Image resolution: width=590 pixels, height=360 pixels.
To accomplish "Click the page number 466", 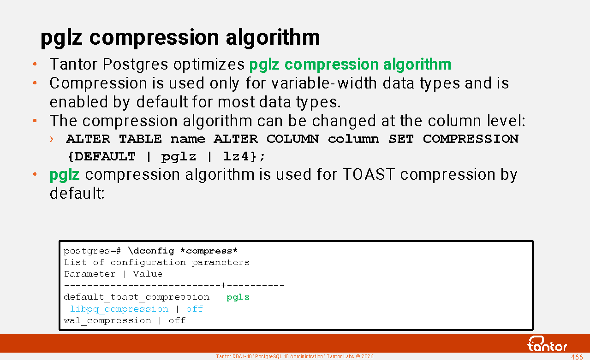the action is click(577, 357).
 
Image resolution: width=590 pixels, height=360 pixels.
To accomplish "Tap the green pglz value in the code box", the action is click(238, 297).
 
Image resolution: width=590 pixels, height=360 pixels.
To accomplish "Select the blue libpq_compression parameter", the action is click(119, 309).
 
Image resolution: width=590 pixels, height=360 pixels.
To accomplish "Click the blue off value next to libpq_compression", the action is click(195, 309).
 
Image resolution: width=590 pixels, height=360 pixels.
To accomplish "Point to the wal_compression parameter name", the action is click(107, 320).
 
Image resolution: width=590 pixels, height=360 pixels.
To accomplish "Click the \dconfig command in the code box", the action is click(151, 251).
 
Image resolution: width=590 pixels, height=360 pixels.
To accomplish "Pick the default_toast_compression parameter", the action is click(137, 297).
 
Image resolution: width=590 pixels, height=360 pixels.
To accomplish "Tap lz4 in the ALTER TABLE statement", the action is click(235, 157).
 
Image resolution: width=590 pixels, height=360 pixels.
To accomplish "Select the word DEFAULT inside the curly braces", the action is click(105, 157).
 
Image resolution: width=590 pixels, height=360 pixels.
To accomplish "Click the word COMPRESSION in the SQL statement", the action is click(471, 139).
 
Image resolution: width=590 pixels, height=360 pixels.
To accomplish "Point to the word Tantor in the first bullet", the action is click(73, 64).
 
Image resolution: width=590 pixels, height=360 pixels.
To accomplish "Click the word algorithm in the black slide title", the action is click(273, 38).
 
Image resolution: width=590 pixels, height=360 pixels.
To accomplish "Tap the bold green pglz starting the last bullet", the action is click(65, 175).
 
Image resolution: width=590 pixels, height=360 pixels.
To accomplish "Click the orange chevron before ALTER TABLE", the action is click(52, 139).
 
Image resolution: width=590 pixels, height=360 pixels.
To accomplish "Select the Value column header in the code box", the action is click(148, 274).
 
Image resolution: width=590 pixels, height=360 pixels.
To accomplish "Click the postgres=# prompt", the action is click(92, 251).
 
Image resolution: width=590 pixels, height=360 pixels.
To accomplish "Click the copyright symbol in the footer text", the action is click(358, 356).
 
